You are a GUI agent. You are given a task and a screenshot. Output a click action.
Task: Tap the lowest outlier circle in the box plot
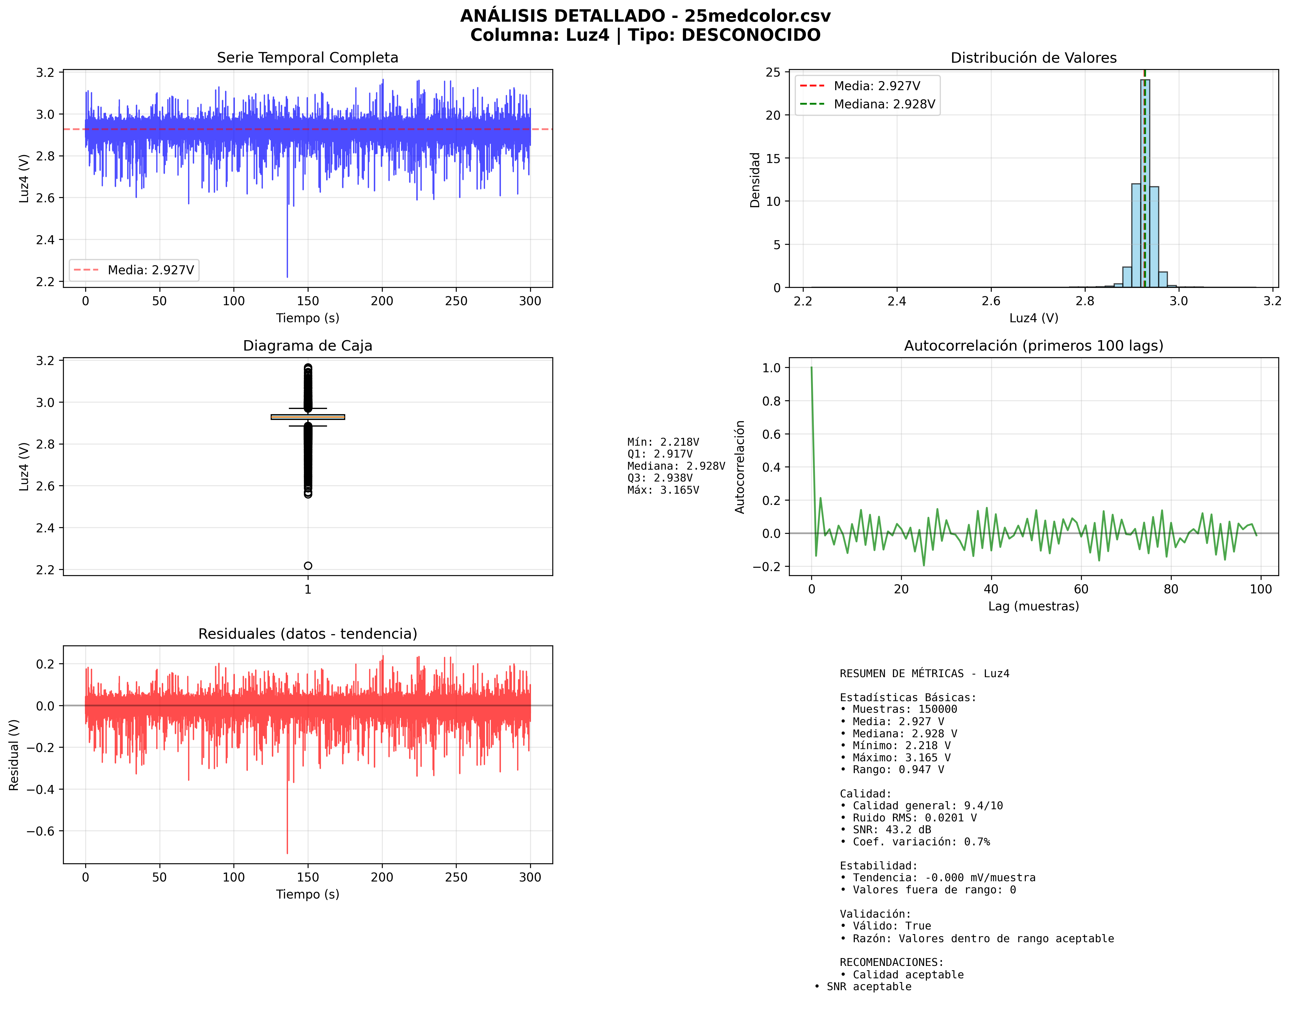(308, 566)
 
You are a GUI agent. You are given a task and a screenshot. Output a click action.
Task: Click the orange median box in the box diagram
(308, 417)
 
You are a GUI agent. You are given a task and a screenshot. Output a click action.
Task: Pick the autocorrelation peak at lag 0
(811, 368)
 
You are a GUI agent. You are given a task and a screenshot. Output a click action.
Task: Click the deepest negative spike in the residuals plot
(287, 852)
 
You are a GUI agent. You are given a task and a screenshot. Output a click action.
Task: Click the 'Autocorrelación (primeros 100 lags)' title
(1033, 346)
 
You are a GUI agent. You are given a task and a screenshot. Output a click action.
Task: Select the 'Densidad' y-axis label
(755, 180)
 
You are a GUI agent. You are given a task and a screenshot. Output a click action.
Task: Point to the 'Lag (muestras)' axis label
(1033, 606)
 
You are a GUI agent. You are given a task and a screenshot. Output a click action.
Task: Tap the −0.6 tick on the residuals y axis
(40, 831)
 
